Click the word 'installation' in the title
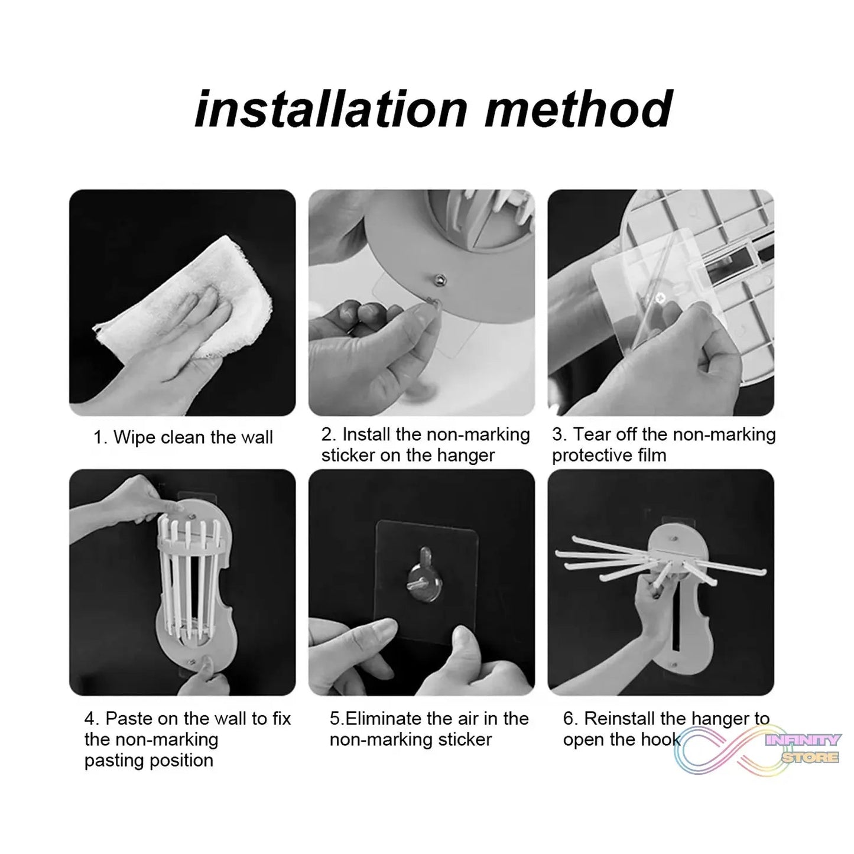click(x=331, y=109)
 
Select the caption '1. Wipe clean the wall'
click(x=183, y=437)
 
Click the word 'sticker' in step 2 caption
click(x=349, y=456)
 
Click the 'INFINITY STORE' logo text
click(x=804, y=748)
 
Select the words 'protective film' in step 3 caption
click(x=609, y=456)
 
